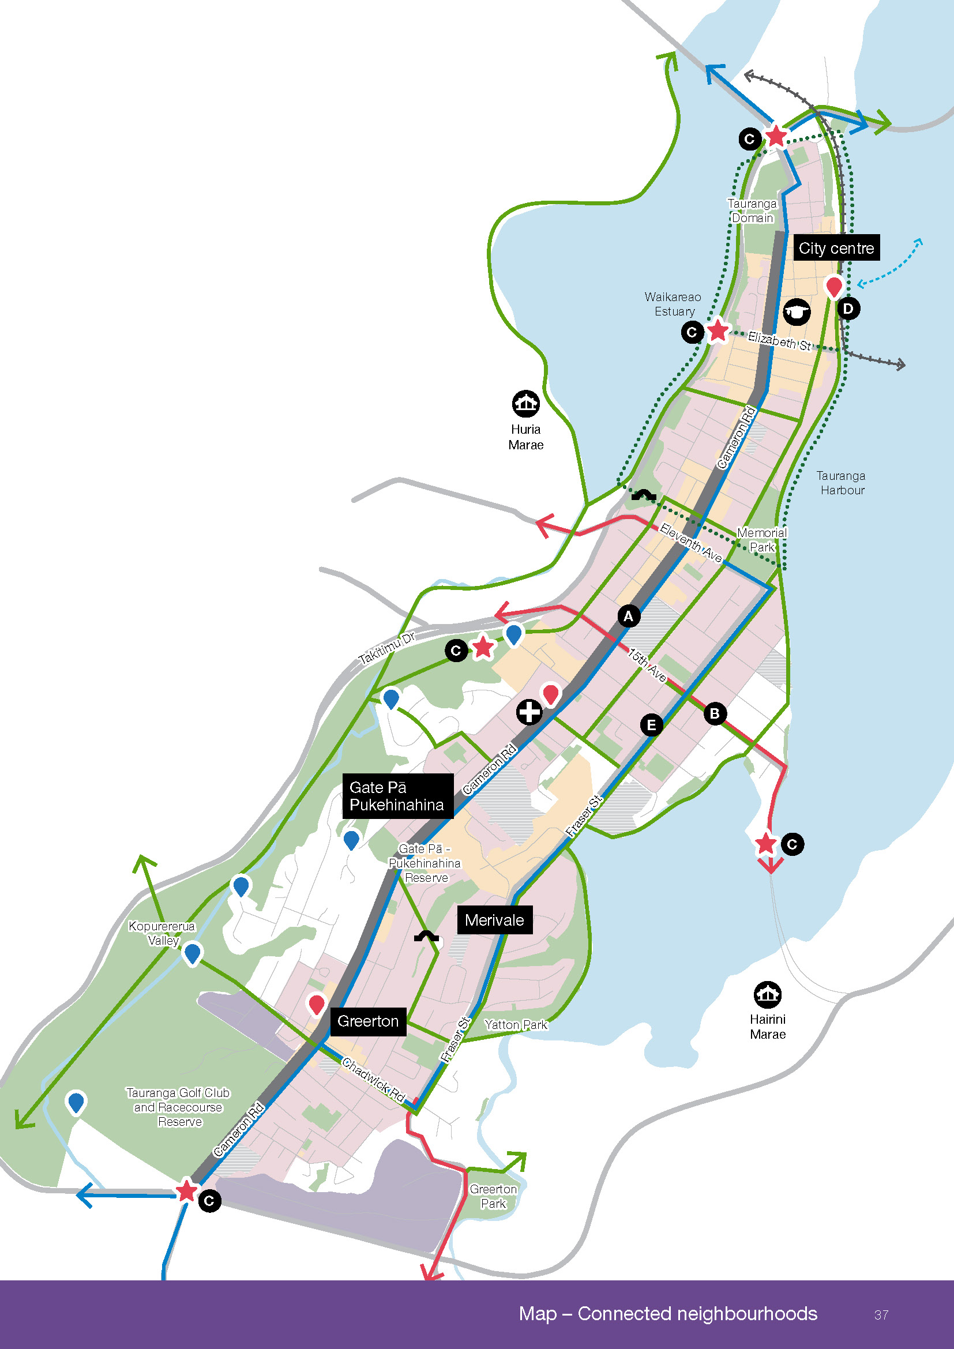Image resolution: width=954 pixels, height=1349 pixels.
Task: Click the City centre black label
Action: (x=836, y=248)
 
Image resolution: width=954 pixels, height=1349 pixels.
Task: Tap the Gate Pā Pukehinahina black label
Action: (x=397, y=795)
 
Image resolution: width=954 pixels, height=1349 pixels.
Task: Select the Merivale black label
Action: (x=495, y=919)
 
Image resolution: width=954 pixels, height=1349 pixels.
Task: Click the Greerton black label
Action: (x=368, y=1021)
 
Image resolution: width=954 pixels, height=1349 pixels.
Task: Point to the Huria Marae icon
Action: (x=525, y=403)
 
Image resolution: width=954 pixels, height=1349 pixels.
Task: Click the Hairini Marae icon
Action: (x=767, y=994)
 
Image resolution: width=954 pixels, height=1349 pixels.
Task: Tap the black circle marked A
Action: (x=629, y=616)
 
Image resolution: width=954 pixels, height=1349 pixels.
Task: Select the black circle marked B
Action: (x=714, y=713)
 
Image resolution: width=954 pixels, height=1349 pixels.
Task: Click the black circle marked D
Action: (x=848, y=309)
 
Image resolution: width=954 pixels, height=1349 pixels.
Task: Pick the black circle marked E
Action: (x=651, y=724)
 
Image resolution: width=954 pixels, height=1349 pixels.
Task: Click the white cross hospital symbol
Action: (x=529, y=712)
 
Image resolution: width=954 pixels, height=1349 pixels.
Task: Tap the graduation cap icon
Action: (x=797, y=311)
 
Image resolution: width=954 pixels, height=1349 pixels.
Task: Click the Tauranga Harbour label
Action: (x=840, y=482)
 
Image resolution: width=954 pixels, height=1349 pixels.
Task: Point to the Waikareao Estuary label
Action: (x=673, y=304)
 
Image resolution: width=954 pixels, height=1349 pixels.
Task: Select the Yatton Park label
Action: (x=516, y=1024)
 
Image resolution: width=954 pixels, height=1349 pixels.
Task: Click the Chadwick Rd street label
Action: (x=374, y=1080)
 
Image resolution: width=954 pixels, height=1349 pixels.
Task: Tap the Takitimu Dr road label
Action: (x=387, y=648)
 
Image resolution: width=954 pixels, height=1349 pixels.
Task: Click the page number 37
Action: (x=881, y=1314)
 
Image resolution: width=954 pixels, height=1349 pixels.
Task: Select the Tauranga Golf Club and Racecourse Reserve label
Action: (x=179, y=1107)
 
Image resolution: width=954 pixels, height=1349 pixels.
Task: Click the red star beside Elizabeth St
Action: (x=718, y=330)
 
